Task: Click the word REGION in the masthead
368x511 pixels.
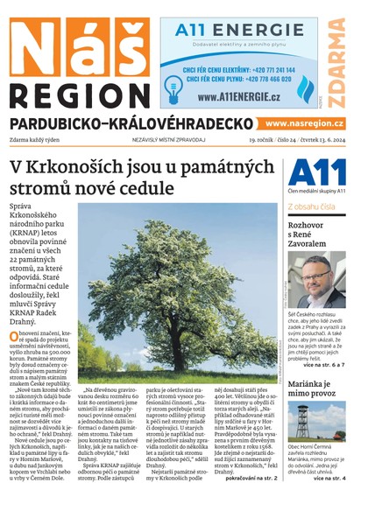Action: [x=74, y=94]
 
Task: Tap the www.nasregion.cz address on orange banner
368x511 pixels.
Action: [x=303, y=125]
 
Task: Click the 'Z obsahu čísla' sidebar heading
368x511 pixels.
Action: [x=312, y=206]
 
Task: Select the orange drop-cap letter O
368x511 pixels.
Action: [x=15, y=337]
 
